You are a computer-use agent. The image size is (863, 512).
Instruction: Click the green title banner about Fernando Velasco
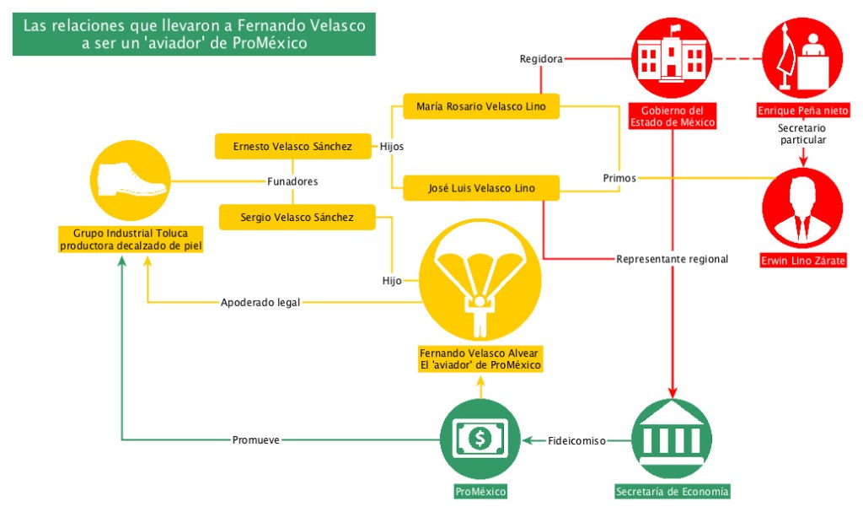(194, 35)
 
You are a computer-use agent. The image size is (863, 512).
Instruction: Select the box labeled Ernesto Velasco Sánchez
(292, 147)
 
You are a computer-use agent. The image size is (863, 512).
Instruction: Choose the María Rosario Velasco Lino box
(481, 106)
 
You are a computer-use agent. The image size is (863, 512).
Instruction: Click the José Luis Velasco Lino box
(481, 187)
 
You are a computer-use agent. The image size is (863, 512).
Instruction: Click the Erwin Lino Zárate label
(802, 261)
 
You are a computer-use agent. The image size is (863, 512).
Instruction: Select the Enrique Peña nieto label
(802, 111)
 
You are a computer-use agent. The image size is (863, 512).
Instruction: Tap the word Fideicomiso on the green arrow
(577, 440)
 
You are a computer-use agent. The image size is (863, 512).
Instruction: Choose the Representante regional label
(672, 259)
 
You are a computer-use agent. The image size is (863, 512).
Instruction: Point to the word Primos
(619, 178)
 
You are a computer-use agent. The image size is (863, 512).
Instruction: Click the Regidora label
(540, 59)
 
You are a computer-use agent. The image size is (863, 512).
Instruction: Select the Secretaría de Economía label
(672, 492)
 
